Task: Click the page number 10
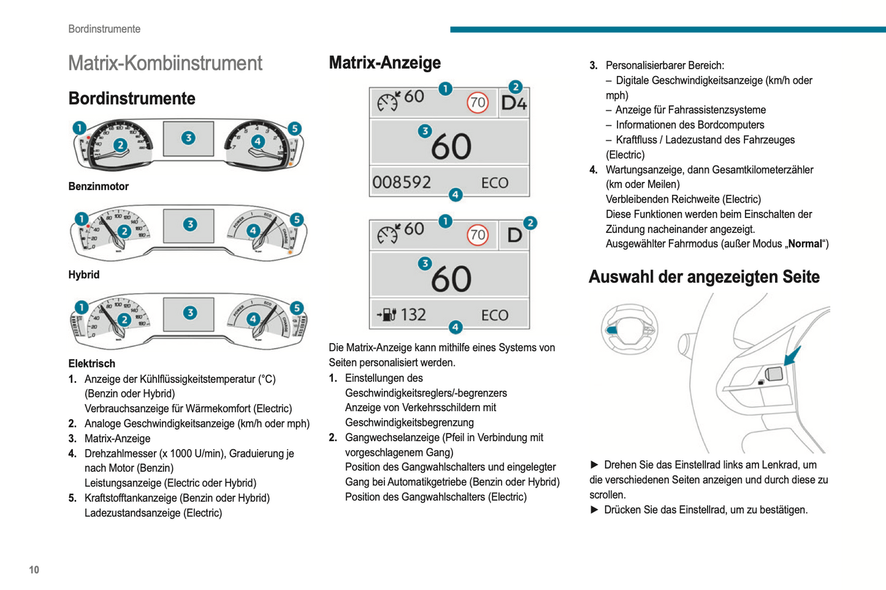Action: pos(34,570)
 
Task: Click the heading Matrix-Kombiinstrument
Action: pos(165,63)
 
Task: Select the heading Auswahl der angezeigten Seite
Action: pos(704,277)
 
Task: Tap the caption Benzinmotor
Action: pos(99,186)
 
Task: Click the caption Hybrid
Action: pos(84,274)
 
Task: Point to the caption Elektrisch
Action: pos(92,363)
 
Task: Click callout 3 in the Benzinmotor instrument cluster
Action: pos(188,138)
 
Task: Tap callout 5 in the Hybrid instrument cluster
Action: pos(297,219)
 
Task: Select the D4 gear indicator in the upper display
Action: pos(514,103)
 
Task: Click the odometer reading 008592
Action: pos(402,183)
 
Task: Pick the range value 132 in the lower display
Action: pos(413,315)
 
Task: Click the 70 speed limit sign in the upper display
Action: pos(477,102)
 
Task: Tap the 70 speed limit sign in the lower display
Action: pos(477,235)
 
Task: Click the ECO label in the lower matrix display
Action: pos(494,315)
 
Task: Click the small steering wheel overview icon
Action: pos(629,329)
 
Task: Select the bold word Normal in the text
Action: pos(804,244)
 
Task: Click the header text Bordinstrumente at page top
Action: pos(104,29)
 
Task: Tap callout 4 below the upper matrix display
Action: pos(455,195)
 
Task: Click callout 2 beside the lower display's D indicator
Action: pos(530,223)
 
